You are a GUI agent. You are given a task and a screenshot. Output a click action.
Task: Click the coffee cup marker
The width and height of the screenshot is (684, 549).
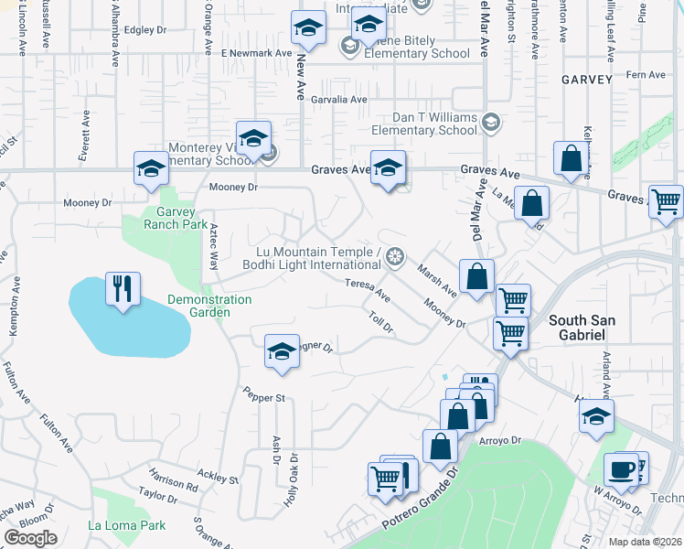(x=621, y=470)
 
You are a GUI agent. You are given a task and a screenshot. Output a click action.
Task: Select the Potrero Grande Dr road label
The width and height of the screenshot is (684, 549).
(x=415, y=508)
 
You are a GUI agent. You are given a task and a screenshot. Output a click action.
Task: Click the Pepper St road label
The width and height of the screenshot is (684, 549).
(x=264, y=396)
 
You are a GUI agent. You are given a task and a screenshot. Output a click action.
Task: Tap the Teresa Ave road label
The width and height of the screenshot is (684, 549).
(x=368, y=290)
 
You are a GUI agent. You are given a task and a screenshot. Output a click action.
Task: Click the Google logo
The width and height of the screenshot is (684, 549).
(x=30, y=538)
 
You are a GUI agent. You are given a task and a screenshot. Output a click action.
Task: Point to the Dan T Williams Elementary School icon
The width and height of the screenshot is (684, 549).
(x=491, y=122)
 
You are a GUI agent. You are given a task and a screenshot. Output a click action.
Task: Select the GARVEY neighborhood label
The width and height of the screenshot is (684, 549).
(x=586, y=80)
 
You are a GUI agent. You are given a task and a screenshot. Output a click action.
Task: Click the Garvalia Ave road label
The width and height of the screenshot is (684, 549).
(x=339, y=100)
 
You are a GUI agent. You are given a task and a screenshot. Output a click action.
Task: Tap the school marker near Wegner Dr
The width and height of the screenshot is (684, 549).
(x=282, y=351)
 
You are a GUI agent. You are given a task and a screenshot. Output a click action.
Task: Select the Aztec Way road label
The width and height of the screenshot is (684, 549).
(x=213, y=246)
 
